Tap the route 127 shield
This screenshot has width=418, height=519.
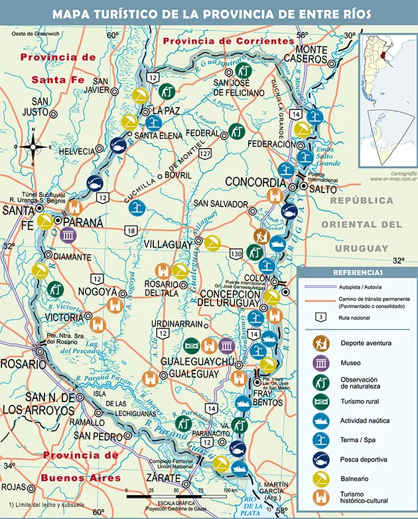pyautogui.click(x=207, y=154)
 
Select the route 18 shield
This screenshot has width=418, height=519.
pyautogui.click(x=131, y=230)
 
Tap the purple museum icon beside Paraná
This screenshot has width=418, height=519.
pyautogui.click(x=68, y=235)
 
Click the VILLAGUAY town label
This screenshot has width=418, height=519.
pyautogui.click(x=169, y=244)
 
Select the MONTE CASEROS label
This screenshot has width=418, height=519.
pyautogui.click(x=320, y=56)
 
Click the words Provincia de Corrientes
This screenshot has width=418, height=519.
pyautogui.click(x=228, y=41)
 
